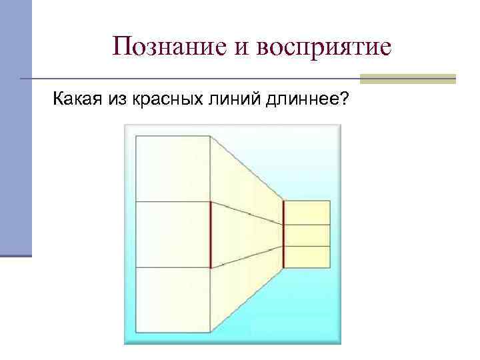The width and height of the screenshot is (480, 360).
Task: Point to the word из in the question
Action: [x=117, y=101]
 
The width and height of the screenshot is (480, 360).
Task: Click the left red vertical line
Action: [x=211, y=234]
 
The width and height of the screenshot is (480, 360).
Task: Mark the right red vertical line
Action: [x=283, y=234]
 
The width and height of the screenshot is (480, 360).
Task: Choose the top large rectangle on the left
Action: [x=173, y=169]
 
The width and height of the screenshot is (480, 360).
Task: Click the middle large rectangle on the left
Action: [x=173, y=234]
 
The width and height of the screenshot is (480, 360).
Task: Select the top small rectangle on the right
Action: [x=307, y=213]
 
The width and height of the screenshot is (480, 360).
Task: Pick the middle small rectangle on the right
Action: [x=307, y=235]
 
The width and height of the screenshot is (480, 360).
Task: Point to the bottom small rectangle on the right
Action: [x=307, y=257]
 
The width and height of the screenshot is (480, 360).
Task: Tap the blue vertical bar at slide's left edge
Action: [x=15, y=127]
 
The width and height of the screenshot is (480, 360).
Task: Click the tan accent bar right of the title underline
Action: [x=407, y=79]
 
